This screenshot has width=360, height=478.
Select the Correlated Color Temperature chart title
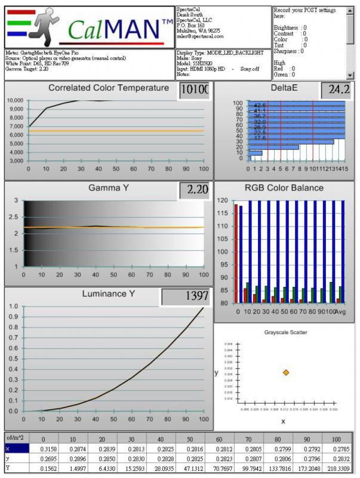click(109, 88)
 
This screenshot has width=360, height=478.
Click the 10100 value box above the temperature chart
click(195, 91)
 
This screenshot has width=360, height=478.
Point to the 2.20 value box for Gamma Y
click(195, 190)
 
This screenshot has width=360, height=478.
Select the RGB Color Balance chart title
click(284, 188)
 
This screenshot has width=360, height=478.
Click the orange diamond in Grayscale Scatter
click(286, 372)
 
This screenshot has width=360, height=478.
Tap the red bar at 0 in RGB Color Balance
click(236, 254)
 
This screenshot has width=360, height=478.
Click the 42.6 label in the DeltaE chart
click(260, 106)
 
